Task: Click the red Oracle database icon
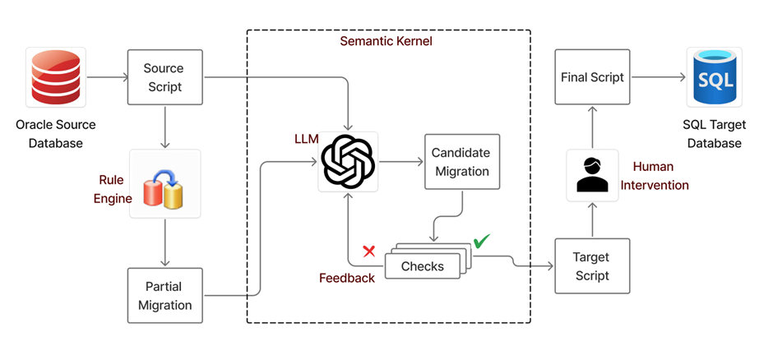coord(54,78)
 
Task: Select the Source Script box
coord(164,77)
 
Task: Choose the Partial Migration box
coord(164,296)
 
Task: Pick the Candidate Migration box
coord(462,162)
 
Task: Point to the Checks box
coord(422,266)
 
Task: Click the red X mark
coord(368,251)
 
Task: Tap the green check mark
coord(481,242)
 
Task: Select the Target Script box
coord(592,266)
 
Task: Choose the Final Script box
coord(592,77)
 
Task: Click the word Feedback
coord(347,278)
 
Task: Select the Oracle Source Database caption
coord(55,134)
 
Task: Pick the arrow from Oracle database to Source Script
coord(105,78)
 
